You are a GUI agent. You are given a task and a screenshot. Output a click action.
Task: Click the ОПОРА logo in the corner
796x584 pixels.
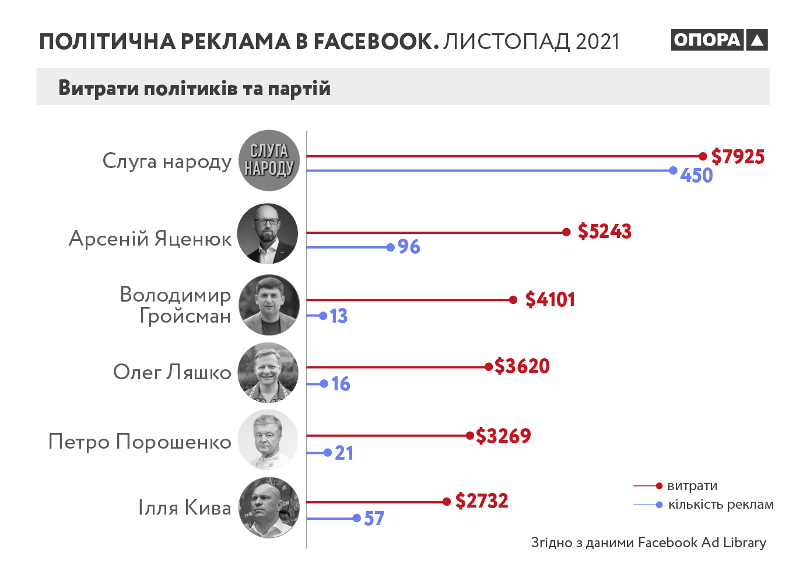[718, 40]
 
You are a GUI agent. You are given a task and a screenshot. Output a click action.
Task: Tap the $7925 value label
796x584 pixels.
[738, 156]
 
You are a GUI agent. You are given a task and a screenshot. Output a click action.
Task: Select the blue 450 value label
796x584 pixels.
[696, 175]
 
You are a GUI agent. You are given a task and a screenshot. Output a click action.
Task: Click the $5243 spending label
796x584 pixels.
[605, 232]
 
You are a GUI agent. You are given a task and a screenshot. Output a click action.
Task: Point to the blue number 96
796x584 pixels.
[409, 247]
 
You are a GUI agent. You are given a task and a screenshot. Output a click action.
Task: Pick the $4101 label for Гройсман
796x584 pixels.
[550, 300]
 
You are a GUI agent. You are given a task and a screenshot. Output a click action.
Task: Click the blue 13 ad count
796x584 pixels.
[339, 316]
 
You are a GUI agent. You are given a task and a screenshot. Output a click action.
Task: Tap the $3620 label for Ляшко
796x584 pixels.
[522, 366]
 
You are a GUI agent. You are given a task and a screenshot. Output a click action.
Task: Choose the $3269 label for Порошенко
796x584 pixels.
[503, 436]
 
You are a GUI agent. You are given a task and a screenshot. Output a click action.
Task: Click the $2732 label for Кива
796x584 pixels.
[482, 501]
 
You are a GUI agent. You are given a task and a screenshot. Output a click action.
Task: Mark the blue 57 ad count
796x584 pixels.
[374, 518]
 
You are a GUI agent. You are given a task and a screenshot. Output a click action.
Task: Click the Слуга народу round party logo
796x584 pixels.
[269, 160]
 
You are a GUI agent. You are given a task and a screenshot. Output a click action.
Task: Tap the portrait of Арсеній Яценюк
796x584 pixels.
[268, 233]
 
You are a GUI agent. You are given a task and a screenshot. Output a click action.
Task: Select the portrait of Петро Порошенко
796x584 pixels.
[268, 440]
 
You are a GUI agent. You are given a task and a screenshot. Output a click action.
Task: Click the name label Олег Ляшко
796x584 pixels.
[172, 372]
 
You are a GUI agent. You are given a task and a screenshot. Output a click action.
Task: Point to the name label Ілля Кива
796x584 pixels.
[184, 508]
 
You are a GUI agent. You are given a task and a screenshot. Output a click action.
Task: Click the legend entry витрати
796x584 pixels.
[692, 486]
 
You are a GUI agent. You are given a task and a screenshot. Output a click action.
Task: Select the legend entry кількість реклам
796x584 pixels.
[721, 505]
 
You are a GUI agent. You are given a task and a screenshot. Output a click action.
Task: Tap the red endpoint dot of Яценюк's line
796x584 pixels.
[566, 232]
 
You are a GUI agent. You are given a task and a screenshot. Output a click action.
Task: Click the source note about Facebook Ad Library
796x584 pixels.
[648, 543]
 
